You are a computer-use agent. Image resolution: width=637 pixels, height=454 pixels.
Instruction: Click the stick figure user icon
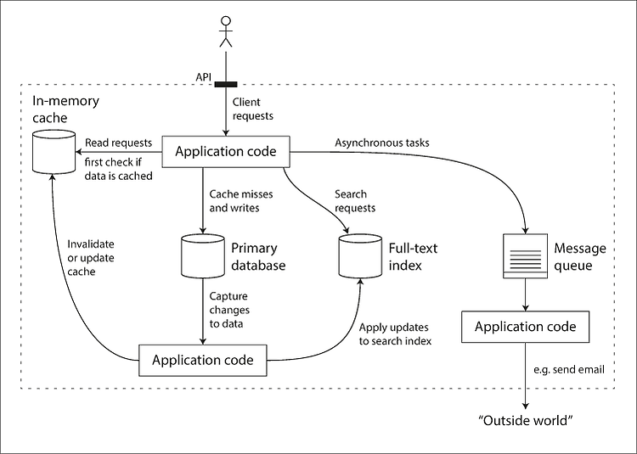tap(226, 31)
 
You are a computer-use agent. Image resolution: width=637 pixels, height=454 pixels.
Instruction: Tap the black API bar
tap(226, 84)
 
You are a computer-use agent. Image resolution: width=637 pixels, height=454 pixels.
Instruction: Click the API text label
tap(204, 77)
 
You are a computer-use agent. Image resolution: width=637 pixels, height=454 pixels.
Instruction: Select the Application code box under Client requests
tap(226, 152)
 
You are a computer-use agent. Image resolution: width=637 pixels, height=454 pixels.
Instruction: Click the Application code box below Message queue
tap(525, 327)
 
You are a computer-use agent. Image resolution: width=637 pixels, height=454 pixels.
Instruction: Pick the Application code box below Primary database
tap(203, 361)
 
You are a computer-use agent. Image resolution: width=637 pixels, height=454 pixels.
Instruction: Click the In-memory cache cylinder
tap(54, 151)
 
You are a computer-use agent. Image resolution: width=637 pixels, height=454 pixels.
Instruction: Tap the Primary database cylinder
tap(202, 256)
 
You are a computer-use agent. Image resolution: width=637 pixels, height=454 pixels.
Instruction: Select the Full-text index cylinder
tap(360, 256)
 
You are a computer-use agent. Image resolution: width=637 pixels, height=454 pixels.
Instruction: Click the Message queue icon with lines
tap(525, 256)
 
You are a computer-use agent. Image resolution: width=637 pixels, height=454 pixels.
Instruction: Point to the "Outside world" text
tap(526, 420)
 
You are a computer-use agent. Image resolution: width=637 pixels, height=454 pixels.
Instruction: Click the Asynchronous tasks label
tap(382, 143)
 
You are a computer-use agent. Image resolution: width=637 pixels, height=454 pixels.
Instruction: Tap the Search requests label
tap(355, 201)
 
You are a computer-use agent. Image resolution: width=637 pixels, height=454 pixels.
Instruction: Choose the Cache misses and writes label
tap(241, 201)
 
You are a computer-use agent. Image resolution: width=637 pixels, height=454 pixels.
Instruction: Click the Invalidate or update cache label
tap(91, 258)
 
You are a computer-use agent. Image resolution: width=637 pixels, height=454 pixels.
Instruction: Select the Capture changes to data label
tap(229, 310)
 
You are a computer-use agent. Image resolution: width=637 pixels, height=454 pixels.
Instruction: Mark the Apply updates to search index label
tap(395, 334)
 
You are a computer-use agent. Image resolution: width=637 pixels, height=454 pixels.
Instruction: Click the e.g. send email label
tap(569, 370)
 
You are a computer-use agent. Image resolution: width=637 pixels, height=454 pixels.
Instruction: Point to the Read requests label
tap(118, 143)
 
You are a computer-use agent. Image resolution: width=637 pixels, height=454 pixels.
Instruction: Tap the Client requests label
tap(253, 109)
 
